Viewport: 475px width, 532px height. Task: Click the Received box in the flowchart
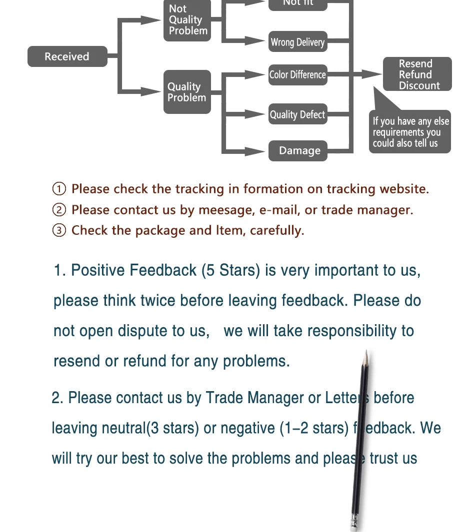67,56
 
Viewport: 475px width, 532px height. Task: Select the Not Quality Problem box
187,20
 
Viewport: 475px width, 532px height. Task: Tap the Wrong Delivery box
297,42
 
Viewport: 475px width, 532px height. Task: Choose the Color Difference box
297,75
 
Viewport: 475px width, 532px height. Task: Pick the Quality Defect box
297,114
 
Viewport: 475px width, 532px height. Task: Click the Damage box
298,151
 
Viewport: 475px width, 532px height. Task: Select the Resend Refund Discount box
417,74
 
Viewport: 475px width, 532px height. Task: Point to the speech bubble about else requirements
410,132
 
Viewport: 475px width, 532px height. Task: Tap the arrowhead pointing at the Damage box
257,151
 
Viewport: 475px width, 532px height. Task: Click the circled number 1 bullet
59,189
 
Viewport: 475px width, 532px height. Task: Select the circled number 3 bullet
59,230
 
